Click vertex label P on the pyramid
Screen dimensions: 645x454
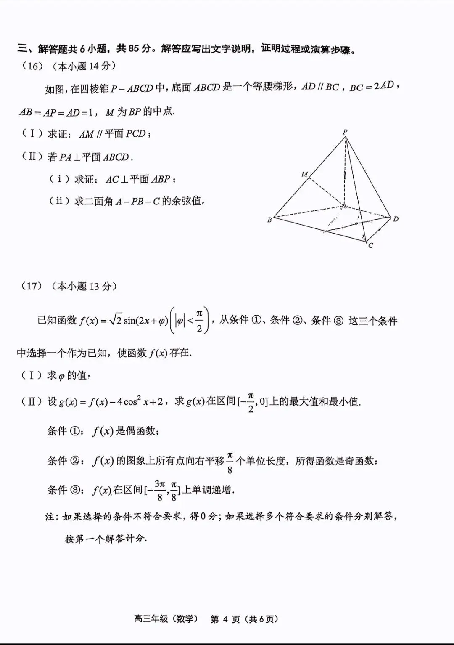345,132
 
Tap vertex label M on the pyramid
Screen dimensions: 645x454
305,174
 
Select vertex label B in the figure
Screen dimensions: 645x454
269,220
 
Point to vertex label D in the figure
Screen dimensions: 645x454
396,219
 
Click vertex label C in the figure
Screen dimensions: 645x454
370,245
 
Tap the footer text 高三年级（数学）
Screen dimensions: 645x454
166,619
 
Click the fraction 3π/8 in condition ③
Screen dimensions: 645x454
159,490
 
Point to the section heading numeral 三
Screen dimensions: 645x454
22,48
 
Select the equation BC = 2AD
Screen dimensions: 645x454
372,86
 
